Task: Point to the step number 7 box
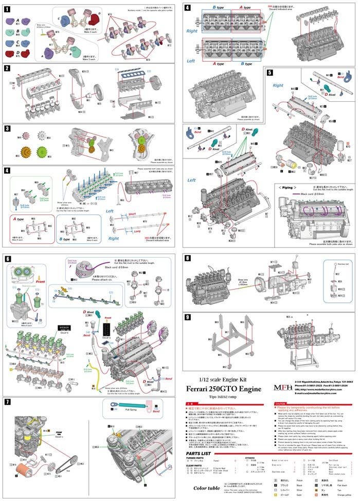point(8,401)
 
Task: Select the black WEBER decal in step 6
point(60,326)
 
